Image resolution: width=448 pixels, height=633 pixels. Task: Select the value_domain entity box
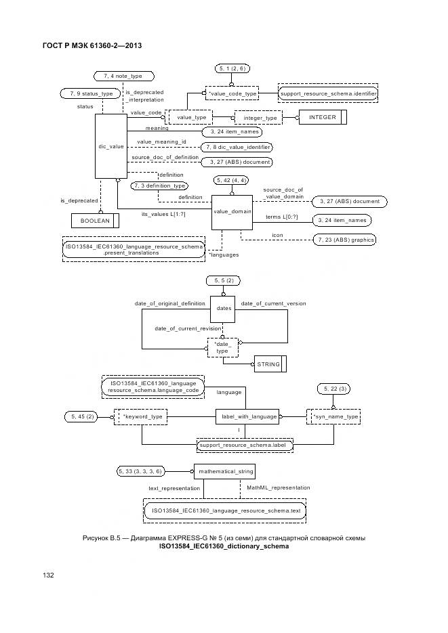click(x=232, y=212)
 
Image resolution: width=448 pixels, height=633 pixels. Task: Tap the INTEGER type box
click(x=322, y=117)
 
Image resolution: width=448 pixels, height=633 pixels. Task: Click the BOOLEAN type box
click(x=95, y=220)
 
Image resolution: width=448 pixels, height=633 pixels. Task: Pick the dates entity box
click(x=224, y=308)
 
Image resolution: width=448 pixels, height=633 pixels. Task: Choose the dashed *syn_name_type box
click(x=333, y=416)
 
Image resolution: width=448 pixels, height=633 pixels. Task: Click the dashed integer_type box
click(x=260, y=118)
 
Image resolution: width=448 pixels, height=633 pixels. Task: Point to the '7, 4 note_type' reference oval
click(x=123, y=76)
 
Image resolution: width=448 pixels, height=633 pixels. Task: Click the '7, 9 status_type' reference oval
click(x=87, y=93)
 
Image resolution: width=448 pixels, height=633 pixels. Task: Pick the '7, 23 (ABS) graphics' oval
click(x=345, y=240)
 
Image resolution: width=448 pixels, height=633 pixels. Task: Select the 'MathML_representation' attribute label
click(x=279, y=487)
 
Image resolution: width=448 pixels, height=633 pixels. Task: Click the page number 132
click(x=49, y=575)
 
